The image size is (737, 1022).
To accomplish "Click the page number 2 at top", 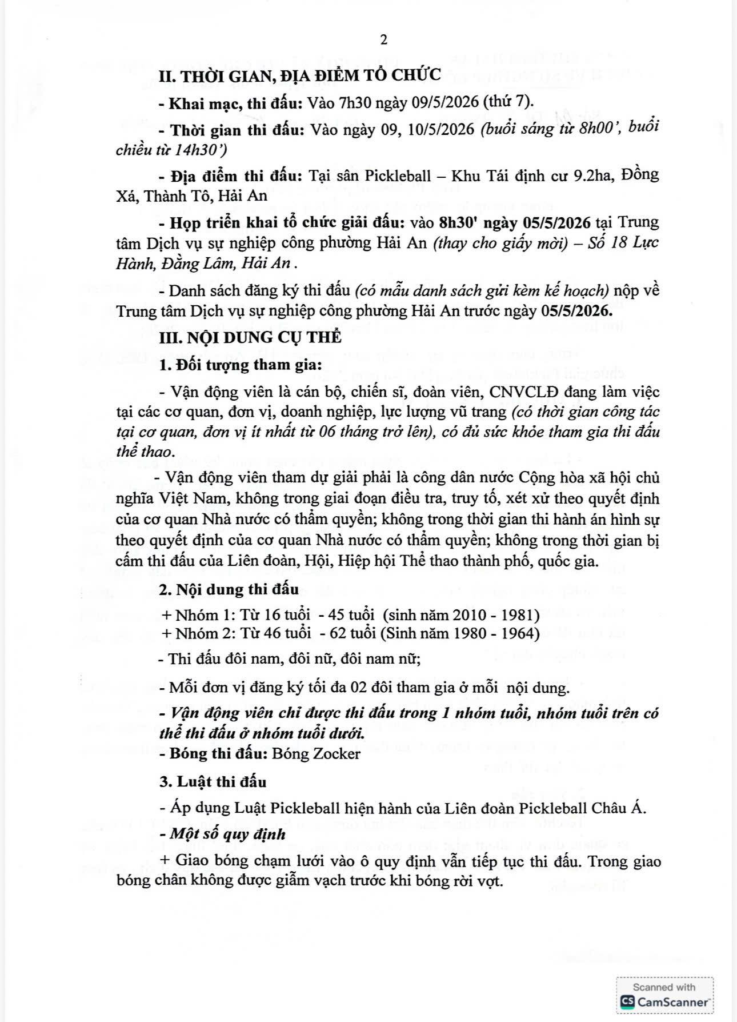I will click(383, 39).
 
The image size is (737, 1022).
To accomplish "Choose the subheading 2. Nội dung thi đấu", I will click(229, 589).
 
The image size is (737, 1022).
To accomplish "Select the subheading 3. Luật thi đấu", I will click(213, 781).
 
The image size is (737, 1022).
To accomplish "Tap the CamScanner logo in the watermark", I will click(627, 1001).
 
